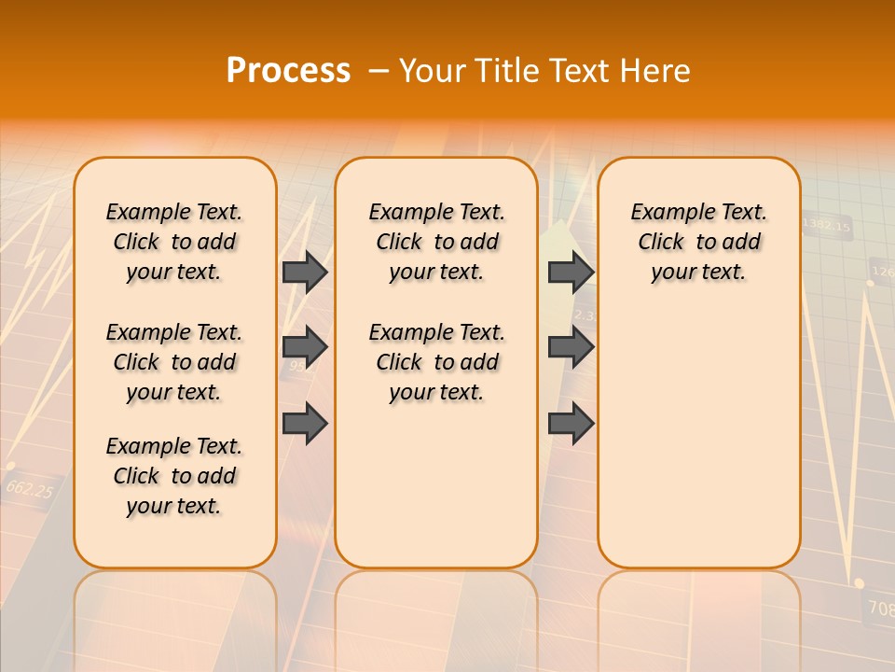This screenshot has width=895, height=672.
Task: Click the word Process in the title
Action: pyautogui.click(x=288, y=70)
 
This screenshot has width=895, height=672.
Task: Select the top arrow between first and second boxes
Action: pyautogui.click(x=305, y=272)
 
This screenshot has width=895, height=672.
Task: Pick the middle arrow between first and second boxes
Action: pyautogui.click(x=305, y=347)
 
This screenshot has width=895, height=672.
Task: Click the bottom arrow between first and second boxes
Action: pyautogui.click(x=305, y=423)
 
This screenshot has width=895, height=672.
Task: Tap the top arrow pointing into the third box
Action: pyautogui.click(x=571, y=272)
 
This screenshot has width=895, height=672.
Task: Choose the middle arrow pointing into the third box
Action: pyautogui.click(x=571, y=347)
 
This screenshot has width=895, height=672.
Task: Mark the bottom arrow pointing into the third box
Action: pyautogui.click(x=571, y=423)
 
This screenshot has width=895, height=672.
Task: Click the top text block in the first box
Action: pyautogui.click(x=174, y=242)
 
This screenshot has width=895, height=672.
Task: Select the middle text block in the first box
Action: pyautogui.click(x=174, y=362)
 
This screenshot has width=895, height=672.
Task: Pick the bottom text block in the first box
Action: pyautogui.click(x=174, y=476)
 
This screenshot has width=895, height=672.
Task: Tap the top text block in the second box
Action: pyautogui.click(x=436, y=242)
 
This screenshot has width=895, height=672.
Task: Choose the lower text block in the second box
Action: pyautogui.click(x=436, y=362)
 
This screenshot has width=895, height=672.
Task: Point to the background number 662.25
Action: pyautogui.click(x=29, y=488)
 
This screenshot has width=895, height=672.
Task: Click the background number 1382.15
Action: pyautogui.click(x=826, y=225)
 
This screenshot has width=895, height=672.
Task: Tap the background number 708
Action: pyautogui.click(x=880, y=609)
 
